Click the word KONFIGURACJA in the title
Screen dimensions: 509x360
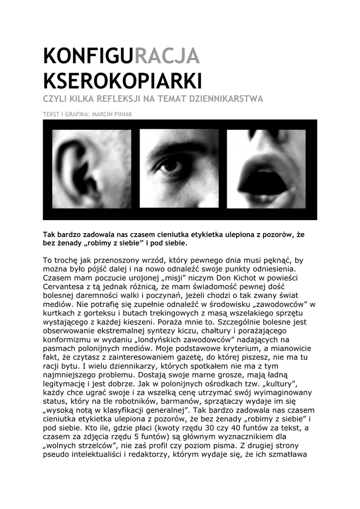tap(121, 55)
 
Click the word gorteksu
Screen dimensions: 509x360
tap(97, 313)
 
